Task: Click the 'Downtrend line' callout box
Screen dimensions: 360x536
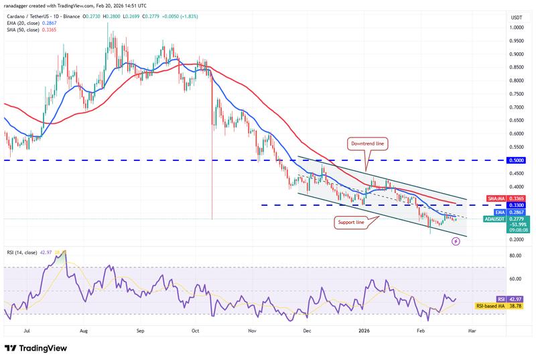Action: (366, 143)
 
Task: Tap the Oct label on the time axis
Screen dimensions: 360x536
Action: (196, 331)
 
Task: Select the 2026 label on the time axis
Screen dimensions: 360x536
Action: (364, 331)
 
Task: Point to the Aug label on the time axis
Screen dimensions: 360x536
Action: (83, 331)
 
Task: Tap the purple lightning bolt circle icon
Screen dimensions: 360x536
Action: (455, 241)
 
